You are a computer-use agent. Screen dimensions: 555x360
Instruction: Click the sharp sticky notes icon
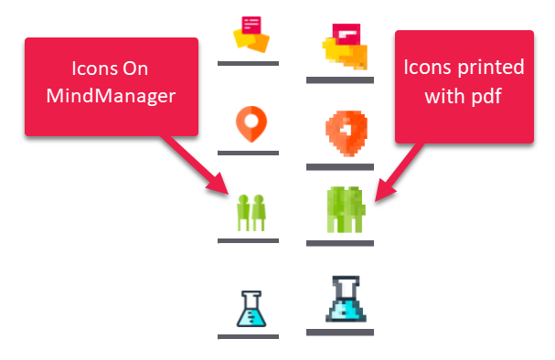251,35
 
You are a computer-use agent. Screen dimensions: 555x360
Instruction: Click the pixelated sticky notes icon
345,47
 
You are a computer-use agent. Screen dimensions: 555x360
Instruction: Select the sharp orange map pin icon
251,124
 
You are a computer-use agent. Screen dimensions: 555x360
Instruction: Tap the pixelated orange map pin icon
347,133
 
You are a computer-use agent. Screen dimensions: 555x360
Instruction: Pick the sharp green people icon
251,213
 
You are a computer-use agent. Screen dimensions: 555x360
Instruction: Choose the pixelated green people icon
346,210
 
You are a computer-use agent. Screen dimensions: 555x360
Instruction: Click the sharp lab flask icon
251,309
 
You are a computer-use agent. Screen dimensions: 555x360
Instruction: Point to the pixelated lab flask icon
346,299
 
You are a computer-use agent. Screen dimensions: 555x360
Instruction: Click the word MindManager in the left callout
111,96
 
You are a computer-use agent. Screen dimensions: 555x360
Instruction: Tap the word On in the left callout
135,69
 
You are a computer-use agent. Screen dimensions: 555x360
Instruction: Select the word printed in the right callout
491,67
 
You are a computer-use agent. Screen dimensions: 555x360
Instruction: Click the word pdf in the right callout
486,96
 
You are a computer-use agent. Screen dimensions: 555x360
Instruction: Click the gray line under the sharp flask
248,336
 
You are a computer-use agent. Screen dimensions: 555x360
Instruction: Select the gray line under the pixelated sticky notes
340,80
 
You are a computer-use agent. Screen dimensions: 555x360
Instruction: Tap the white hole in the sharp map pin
251,121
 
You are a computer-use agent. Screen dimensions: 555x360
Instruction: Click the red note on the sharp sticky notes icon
251,25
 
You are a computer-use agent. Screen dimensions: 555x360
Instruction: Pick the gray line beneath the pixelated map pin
340,167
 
